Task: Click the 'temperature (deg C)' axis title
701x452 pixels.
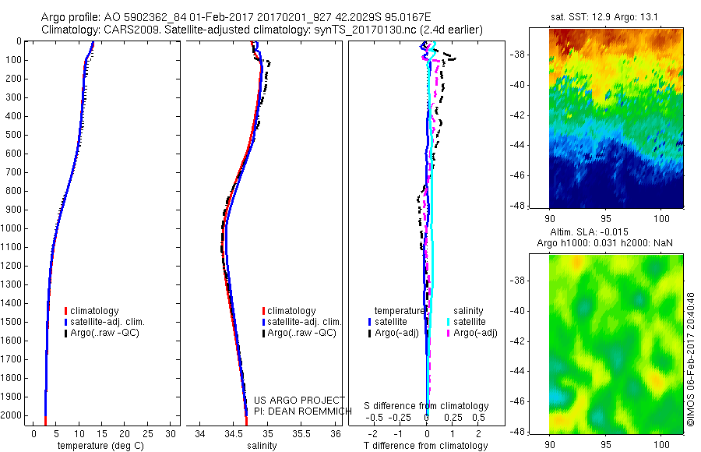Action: (x=97, y=446)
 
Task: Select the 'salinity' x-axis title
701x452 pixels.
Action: (x=260, y=446)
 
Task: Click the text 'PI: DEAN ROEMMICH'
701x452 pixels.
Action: (x=293, y=411)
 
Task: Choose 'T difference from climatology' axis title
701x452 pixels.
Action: (x=427, y=446)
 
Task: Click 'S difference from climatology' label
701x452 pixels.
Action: (x=427, y=406)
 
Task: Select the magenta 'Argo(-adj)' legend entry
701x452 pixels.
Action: (x=474, y=333)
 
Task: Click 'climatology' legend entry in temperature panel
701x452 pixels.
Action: (x=94, y=311)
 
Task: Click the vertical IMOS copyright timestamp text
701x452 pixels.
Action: (x=690, y=359)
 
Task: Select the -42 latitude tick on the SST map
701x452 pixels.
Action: (x=538, y=115)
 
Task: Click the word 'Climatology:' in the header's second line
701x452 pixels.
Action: (x=71, y=30)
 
